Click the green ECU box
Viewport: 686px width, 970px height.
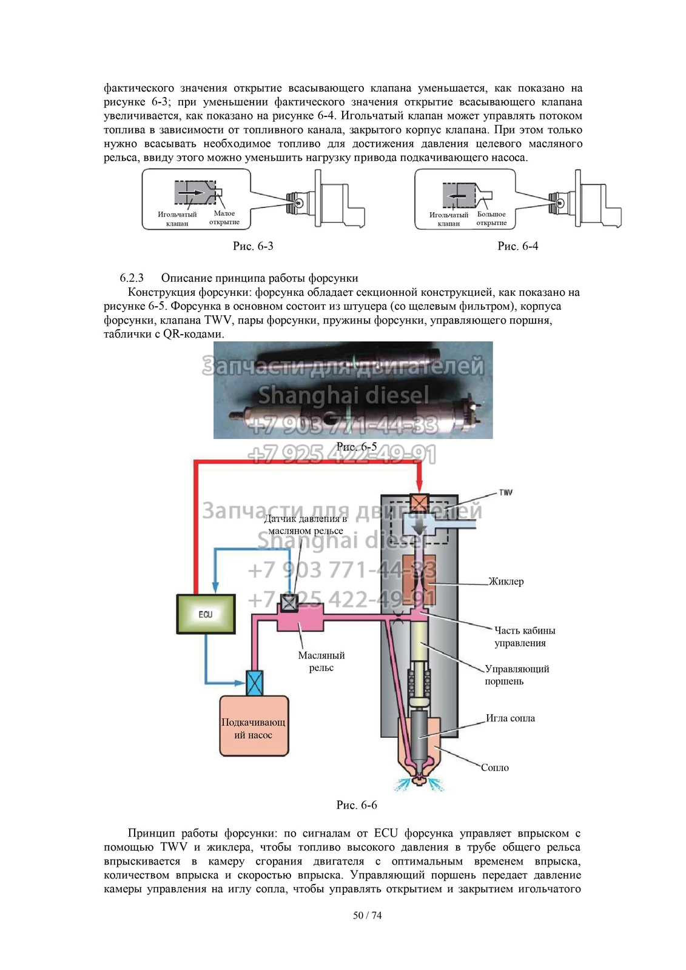(x=205, y=614)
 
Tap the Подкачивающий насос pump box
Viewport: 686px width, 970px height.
(x=254, y=728)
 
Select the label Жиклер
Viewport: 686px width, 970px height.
(x=506, y=581)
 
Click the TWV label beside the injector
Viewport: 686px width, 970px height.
(x=505, y=492)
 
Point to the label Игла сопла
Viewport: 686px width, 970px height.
(x=510, y=718)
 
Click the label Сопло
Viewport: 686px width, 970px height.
(x=494, y=768)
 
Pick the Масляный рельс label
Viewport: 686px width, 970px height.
(x=321, y=661)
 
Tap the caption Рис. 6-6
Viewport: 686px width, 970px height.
(x=357, y=805)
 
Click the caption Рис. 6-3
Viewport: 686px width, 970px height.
(x=253, y=246)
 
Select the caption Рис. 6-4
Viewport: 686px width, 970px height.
(x=517, y=246)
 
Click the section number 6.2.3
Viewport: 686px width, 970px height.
(x=132, y=278)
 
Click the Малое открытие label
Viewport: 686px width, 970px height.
(x=224, y=218)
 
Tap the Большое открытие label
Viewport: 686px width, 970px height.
(x=491, y=218)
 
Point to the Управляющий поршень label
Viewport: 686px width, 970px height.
(x=517, y=675)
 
